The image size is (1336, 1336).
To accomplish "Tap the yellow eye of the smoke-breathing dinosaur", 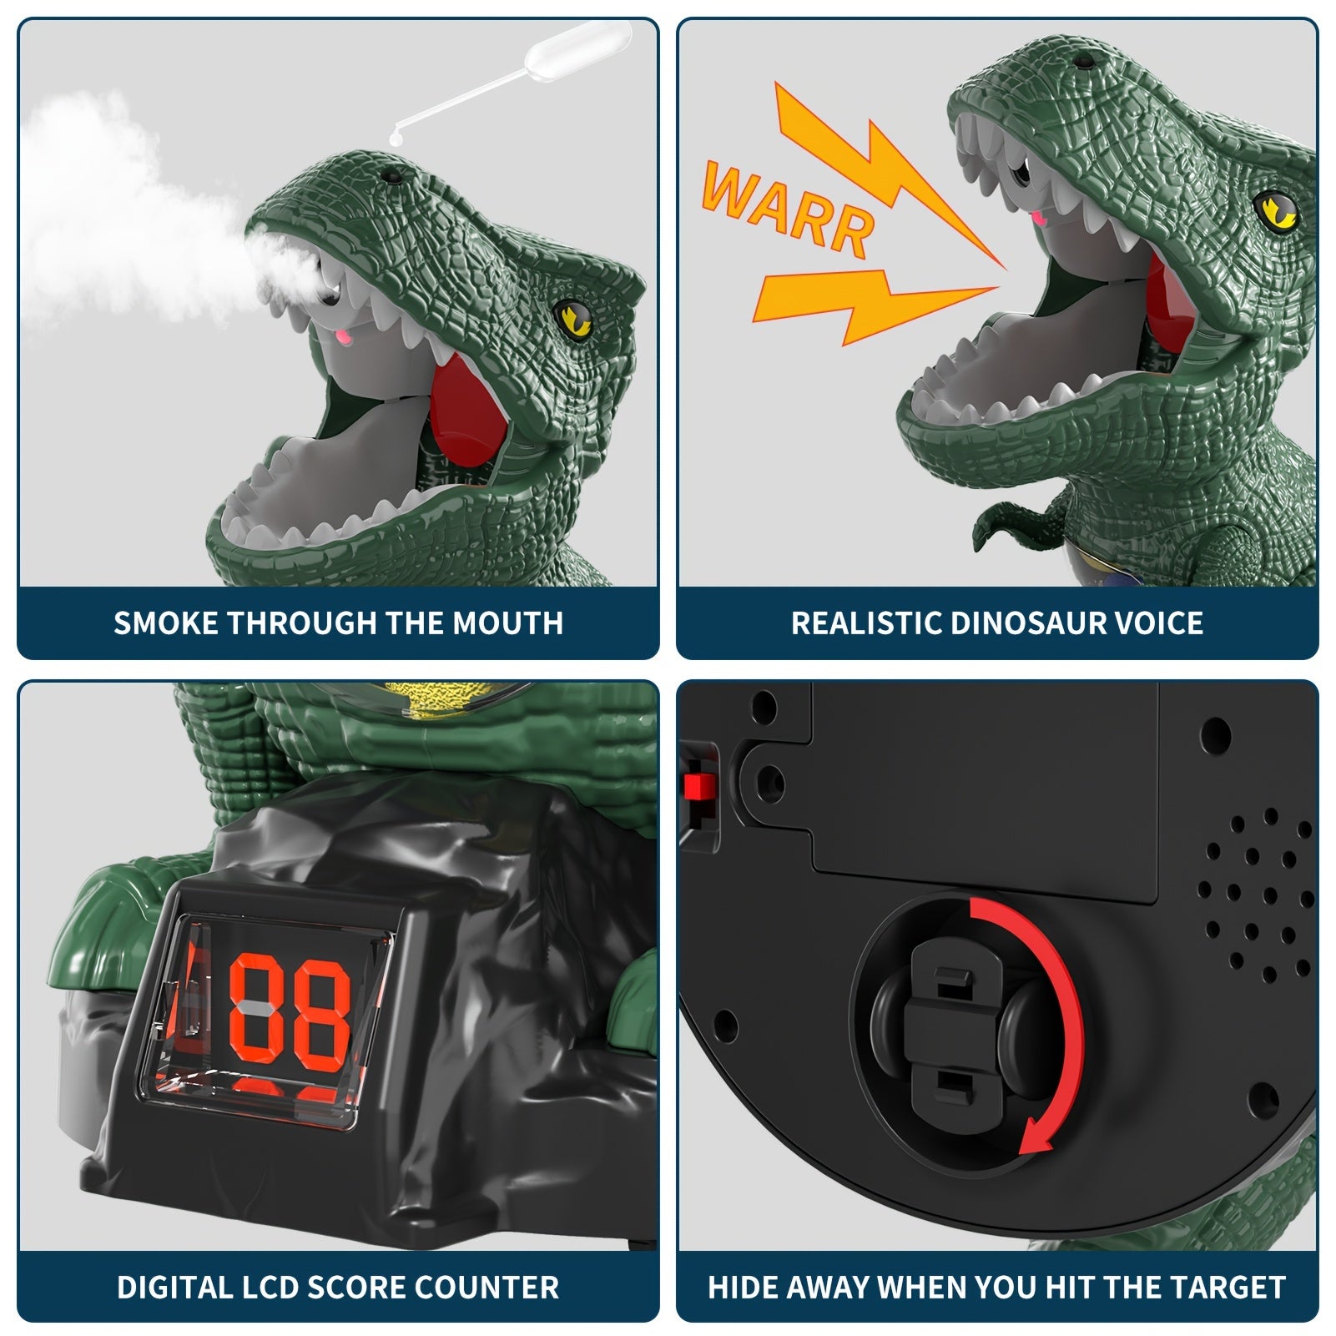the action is coord(572,317).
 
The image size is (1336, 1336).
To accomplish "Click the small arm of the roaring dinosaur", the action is coord(1006,522).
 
